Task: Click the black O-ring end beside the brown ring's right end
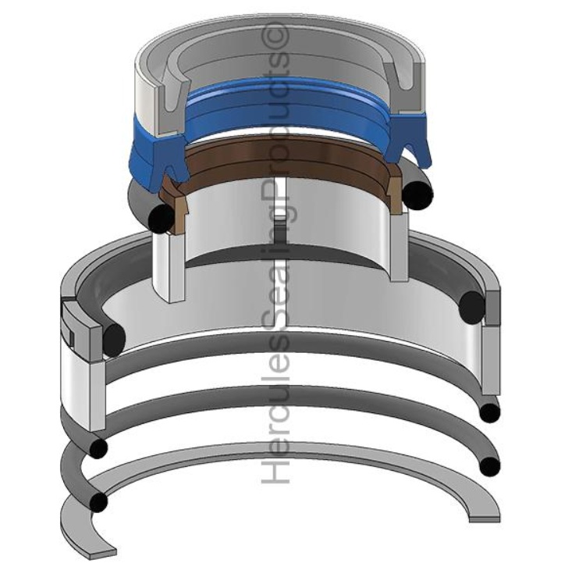[x=418, y=191]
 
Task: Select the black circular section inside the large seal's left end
[x=114, y=337]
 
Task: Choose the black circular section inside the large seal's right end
[x=473, y=304]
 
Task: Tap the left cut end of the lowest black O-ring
[x=97, y=501]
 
